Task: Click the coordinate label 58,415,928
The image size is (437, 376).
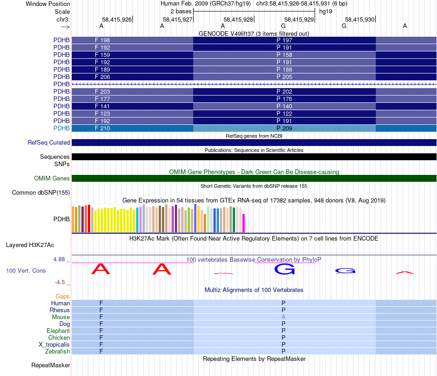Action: coord(238,19)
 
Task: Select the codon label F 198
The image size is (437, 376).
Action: coord(102,40)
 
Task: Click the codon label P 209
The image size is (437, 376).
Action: coord(284,128)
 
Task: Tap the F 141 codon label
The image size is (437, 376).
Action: coord(102,106)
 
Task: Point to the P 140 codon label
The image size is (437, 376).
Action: coord(284,106)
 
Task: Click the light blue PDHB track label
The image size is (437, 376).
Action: coord(62,128)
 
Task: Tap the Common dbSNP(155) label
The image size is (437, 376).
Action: coord(41,192)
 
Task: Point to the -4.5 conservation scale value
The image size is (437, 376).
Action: coord(62,282)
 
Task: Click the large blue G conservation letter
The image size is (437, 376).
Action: coord(284,269)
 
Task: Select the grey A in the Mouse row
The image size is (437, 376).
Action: coord(284,317)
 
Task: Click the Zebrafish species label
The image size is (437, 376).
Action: coord(58,352)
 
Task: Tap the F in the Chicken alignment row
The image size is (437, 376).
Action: coord(101,338)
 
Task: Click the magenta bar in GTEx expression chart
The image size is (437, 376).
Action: coord(244,223)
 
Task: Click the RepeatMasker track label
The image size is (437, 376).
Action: coord(51,365)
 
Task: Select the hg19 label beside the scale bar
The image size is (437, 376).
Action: coord(325,11)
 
